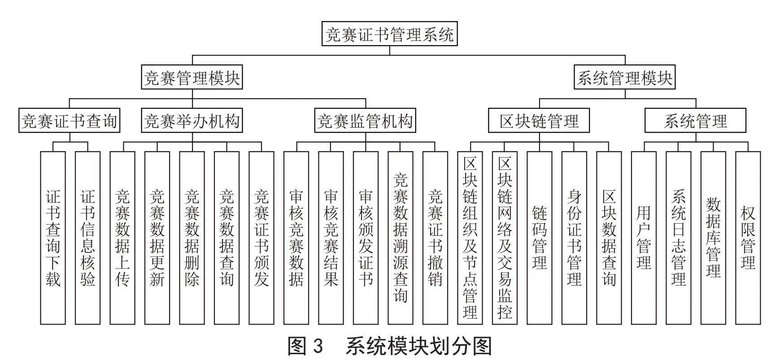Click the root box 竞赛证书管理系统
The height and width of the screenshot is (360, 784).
(x=389, y=34)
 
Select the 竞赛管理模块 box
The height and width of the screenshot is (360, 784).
(x=192, y=78)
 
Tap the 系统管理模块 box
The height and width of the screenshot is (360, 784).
(x=625, y=78)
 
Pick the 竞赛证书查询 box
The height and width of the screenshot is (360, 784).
(x=70, y=121)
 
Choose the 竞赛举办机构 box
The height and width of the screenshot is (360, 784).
(x=192, y=121)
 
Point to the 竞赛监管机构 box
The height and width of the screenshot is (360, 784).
(x=365, y=121)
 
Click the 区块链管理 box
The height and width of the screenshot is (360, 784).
(x=539, y=121)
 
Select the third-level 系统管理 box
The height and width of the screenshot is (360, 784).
(x=696, y=121)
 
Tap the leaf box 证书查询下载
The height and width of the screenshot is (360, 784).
(x=53, y=238)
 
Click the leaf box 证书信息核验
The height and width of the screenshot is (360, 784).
(x=87, y=238)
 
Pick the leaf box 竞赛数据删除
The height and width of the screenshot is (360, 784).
(x=192, y=238)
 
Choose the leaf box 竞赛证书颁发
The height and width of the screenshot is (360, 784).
(x=261, y=238)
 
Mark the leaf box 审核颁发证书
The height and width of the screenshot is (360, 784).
(x=366, y=238)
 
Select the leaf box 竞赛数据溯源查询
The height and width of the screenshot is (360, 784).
(x=401, y=238)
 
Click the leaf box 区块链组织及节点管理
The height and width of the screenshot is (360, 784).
(x=470, y=238)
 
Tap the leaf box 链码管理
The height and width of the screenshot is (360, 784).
(x=540, y=238)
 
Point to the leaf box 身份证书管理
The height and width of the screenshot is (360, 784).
(x=574, y=238)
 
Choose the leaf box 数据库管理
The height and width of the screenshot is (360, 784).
(x=713, y=238)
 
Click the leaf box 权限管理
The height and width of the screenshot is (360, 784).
(x=748, y=238)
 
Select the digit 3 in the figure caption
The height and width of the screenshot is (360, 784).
(x=317, y=347)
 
